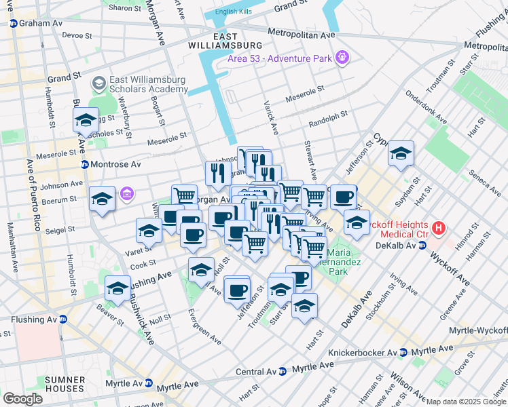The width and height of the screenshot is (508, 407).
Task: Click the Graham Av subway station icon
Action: click(13, 23)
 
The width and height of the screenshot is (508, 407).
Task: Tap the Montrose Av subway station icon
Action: click(85, 165)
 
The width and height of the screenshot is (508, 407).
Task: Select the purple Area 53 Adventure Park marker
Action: click(342, 58)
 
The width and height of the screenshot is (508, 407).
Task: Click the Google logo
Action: click(22, 399)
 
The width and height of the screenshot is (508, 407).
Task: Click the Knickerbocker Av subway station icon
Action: click(403, 353)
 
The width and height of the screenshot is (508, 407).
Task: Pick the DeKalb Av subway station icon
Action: click(421, 245)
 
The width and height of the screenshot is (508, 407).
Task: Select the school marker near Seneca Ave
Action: click(401, 153)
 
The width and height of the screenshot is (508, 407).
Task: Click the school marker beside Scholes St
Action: click(86, 120)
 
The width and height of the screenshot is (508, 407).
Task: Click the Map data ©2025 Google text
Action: click(466, 402)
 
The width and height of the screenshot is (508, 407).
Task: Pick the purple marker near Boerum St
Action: click(126, 195)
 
